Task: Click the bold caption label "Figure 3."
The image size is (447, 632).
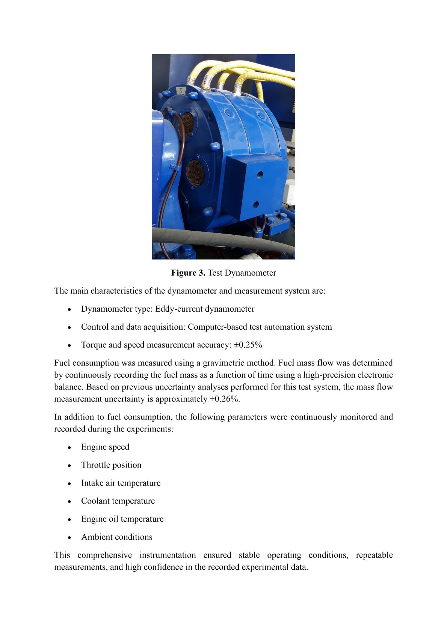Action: pyautogui.click(x=188, y=273)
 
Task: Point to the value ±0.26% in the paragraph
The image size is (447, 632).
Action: pyautogui.click(x=224, y=399)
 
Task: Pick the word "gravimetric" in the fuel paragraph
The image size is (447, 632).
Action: pyautogui.click(x=222, y=363)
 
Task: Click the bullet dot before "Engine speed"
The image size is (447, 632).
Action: pyautogui.click(x=69, y=448)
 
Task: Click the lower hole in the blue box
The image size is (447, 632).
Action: pyautogui.click(x=256, y=205)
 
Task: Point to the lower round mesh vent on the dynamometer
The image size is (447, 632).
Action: pyautogui.click(x=195, y=173)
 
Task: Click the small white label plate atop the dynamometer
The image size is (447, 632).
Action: pyautogui.click(x=180, y=91)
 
